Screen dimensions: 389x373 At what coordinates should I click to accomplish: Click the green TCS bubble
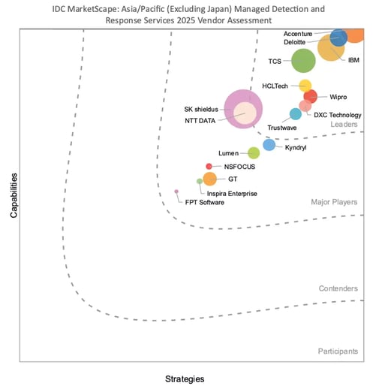[303, 61]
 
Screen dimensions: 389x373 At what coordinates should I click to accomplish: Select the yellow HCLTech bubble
[305, 86]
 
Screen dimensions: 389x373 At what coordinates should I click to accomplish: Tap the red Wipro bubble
[310, 96]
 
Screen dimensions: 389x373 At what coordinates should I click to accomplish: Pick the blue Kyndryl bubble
[269, 145]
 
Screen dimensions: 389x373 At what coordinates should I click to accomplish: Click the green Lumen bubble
[254, 153]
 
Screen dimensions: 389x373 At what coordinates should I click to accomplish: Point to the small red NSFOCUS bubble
[209, 166]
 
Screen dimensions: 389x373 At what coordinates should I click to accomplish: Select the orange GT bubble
[210, 179]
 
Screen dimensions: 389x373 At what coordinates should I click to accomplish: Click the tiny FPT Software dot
[176, 191]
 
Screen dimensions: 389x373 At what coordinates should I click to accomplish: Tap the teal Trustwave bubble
[296, 114]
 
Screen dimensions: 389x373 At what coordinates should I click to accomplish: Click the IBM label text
[353, 59]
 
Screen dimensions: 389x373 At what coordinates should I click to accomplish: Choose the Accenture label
[299, 35]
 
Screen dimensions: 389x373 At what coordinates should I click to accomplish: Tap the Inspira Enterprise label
[232, 194]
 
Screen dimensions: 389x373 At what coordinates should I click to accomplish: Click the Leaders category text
[345, 124]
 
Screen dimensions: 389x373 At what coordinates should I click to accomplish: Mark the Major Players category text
[335, 202]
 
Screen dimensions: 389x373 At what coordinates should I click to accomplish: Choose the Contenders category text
[338, 288]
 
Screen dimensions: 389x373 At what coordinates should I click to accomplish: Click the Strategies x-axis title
[184, 378]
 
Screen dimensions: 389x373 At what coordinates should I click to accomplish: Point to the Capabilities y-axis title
[14, 195]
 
